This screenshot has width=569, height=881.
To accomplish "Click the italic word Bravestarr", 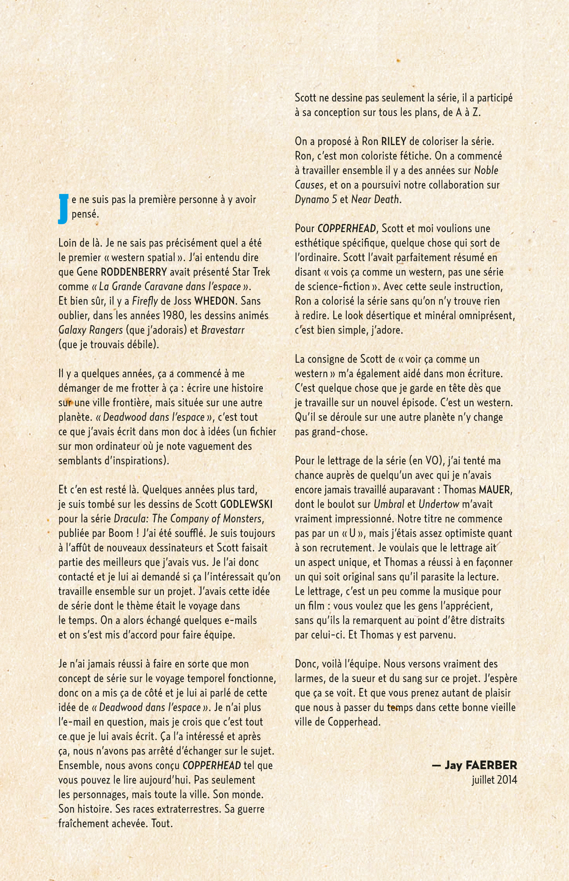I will coord(223,330).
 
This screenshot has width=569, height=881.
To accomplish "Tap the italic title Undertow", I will coord(439,505).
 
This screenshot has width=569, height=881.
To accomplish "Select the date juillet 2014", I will coord(494,780).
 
